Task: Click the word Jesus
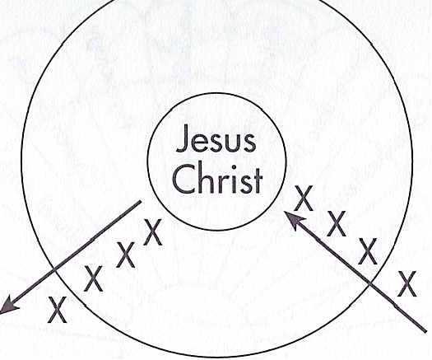point(216,138)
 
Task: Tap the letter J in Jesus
point(183,138)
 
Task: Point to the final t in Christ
point(257,180)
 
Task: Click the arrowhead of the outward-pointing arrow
point(8,304)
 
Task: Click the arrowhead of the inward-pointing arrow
point(295,220)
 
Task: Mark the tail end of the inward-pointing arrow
point(425,330)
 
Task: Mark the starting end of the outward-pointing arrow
point(140,202)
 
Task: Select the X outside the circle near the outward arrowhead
point(58,310)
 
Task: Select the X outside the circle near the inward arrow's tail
point(406,284)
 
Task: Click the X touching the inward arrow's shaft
point(368,251)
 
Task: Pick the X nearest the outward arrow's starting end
point(153,232)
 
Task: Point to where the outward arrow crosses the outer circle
point(55,269)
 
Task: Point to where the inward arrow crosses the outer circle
point(369,283)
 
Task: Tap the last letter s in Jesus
point(249,143)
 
